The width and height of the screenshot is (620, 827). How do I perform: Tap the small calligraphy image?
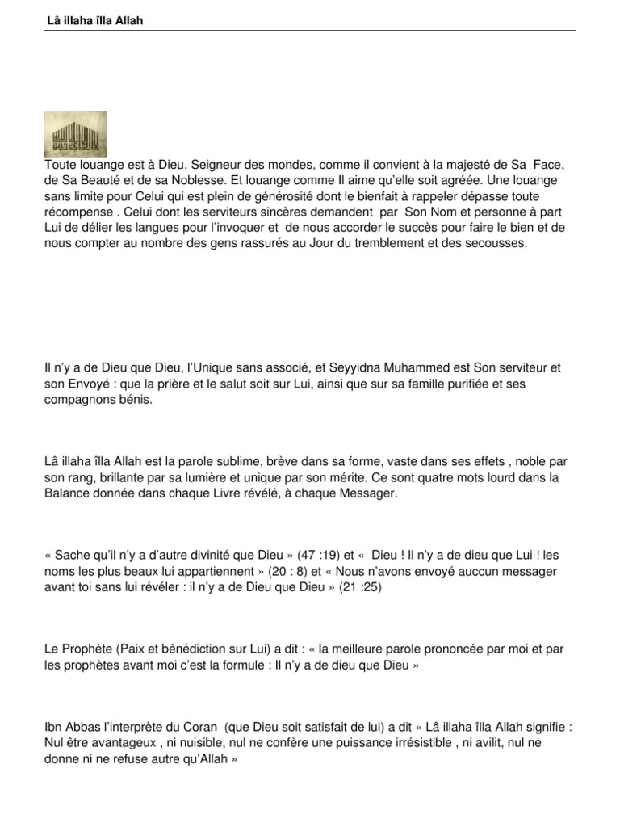click(x=75, y=133)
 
